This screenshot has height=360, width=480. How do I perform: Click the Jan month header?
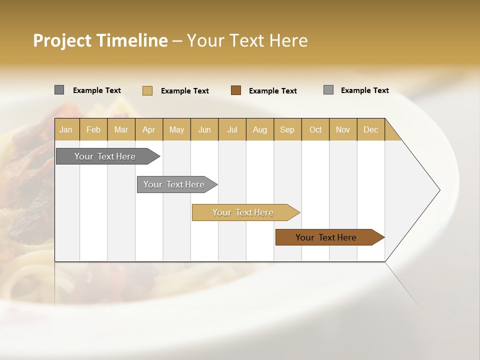click(66, 129)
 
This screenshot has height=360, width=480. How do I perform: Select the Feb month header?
click(93, 129)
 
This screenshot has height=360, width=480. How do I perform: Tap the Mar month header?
click(121, 129)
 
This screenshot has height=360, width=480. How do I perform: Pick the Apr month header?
click(148, 129)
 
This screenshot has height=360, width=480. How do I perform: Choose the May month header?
click(176, 129)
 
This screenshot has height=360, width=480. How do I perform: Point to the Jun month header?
click(204, 129)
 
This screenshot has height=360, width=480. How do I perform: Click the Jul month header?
click(232, 129)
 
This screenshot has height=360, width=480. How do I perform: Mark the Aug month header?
click(259, 129)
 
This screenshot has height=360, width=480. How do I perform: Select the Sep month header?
click(287, 129)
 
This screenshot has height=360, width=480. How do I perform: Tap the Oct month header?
click(315, 129)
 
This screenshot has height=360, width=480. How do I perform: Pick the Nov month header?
click(343, 129)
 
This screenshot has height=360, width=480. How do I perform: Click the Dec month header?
click(370, 129)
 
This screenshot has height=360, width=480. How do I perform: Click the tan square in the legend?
click(147, 90)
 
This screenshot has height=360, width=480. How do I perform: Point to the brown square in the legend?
click(236, 90)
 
